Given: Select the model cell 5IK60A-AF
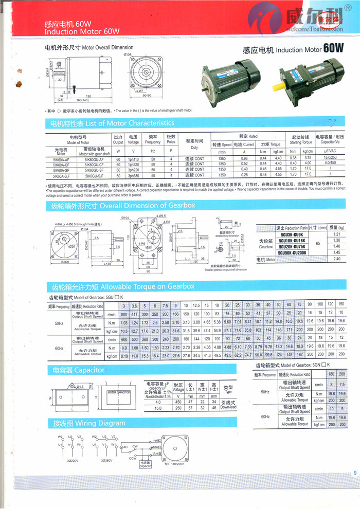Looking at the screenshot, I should point(60,159).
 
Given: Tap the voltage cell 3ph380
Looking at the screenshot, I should point(134,175).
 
